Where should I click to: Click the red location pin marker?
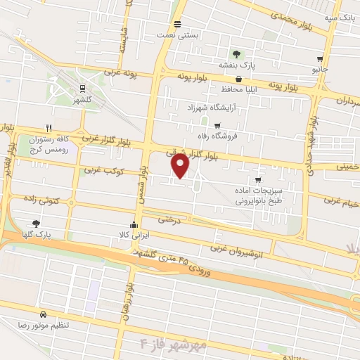[x=180, y=166]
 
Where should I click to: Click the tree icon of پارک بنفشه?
[x=236, y=53]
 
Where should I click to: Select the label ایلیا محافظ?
[x=245, y=89]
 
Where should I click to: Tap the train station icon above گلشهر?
[x=83, y=89]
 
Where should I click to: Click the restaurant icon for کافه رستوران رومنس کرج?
[x=49, y=129]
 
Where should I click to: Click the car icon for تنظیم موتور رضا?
[x=44, y=314]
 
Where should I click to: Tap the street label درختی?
[x=168, y=219]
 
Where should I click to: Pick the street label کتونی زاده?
[x=46, y=200]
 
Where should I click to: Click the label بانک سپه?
[x=339, y=17]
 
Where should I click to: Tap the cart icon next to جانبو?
[x=321, y=60]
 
